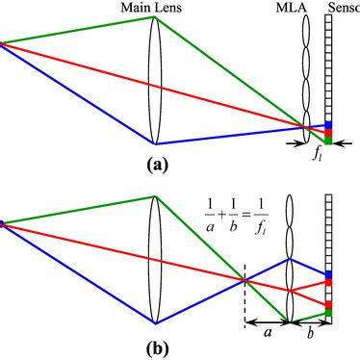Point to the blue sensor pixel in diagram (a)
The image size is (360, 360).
tap(328, 125)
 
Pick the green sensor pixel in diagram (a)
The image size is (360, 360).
tap(328, 141)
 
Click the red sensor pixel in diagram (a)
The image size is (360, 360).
tap(328, 133)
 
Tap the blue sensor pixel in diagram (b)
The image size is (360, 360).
tap(328, 275)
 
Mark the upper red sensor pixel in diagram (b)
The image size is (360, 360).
tap(328, 283)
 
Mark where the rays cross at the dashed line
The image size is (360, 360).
tap(244, 280)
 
